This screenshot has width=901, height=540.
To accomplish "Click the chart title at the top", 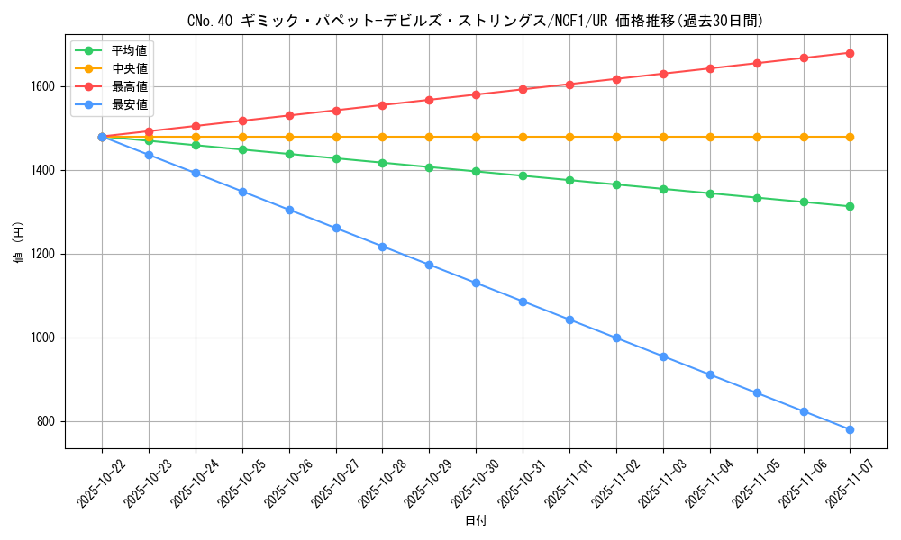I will click(x=475, y=21).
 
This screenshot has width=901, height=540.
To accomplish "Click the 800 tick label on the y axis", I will click(x=46, y=421).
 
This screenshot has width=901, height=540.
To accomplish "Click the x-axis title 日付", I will click(x=476, y=521).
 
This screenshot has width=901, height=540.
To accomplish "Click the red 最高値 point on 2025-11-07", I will click(x=850, y=53).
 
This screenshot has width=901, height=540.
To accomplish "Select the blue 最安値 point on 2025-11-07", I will click(x=850, y=429).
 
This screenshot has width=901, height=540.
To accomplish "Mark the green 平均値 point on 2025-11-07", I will click(x=850, y=206).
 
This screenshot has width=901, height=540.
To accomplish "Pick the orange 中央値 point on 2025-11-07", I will click(x=850, y=137).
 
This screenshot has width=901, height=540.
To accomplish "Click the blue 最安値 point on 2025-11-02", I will click(x=616, y=337).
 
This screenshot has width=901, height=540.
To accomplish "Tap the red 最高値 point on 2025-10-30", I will click(x=476, y=94).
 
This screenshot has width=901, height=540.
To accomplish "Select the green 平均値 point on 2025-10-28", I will click(x=382, y=163).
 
